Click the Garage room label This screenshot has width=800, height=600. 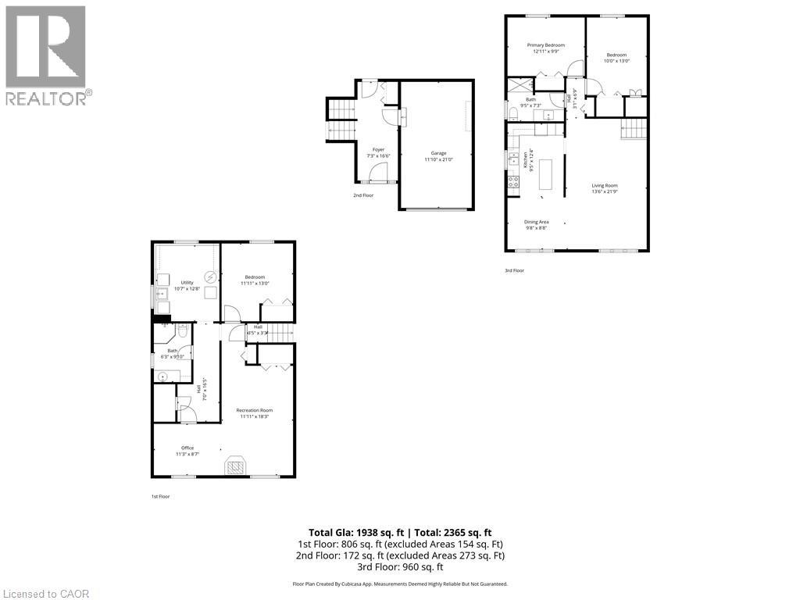tap(438, 153)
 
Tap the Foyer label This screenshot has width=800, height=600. tap(378, 149)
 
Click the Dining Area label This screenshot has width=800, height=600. tap(536, 222)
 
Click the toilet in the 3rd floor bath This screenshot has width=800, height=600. tap(512, 114)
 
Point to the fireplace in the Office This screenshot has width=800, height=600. tap(235, 466)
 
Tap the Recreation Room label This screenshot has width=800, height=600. tap(255, 410)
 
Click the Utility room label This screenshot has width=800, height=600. tap(187, 283)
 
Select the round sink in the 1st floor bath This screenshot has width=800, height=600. tap(163, 377)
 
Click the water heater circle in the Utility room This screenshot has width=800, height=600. tap(209, 277)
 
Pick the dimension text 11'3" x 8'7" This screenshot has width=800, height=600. tap(187, 454)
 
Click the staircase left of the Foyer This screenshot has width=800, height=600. tap(340, 120)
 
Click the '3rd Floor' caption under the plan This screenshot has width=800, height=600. tap(514, 270)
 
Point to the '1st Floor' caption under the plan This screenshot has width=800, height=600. tap(159, 496)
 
